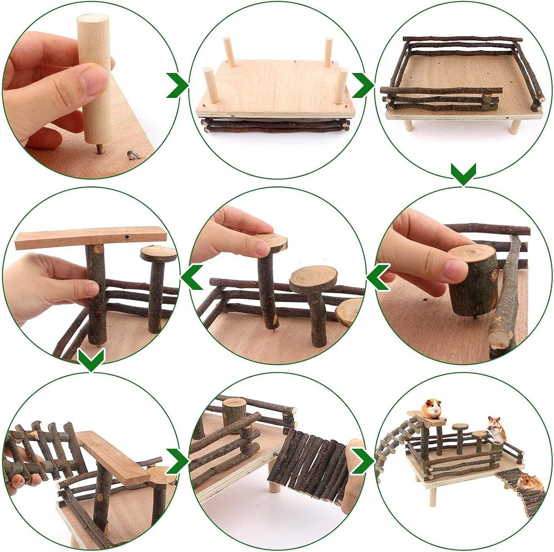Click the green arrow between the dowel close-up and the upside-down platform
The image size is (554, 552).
177,84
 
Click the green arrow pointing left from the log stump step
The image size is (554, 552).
378,276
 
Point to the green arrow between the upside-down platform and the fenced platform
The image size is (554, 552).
362,84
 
